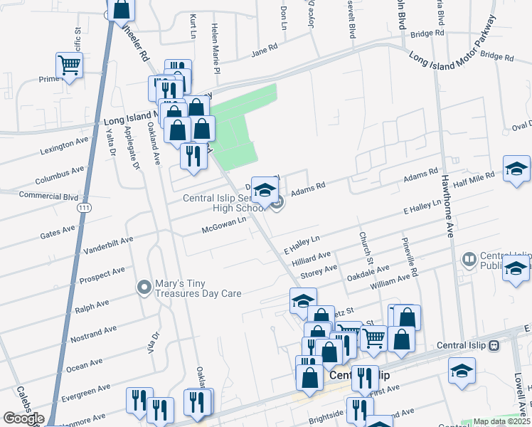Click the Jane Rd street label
tap(263, 52)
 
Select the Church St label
tap(365, 246)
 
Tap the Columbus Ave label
tap(60, 174)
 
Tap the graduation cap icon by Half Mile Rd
tap(516, 169)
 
